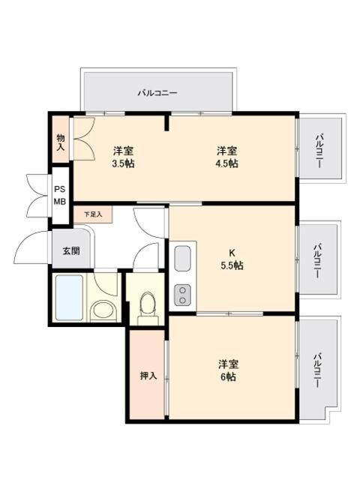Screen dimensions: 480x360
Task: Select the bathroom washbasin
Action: [x=100, y=309]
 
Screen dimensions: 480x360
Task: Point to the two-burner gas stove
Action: [x=182, y=295]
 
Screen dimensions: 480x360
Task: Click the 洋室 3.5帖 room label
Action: [x=123, y=156]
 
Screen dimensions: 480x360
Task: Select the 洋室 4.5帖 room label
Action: [x=226, y=156]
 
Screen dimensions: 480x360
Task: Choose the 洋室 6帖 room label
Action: [x=226, y=370]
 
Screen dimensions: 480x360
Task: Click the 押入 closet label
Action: [x=148, y=375]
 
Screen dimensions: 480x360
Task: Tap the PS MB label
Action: [x=59, y=196]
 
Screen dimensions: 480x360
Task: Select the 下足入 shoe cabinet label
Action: [x=92, y=214]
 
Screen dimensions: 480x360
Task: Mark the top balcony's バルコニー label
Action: [x=157, y=93]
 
